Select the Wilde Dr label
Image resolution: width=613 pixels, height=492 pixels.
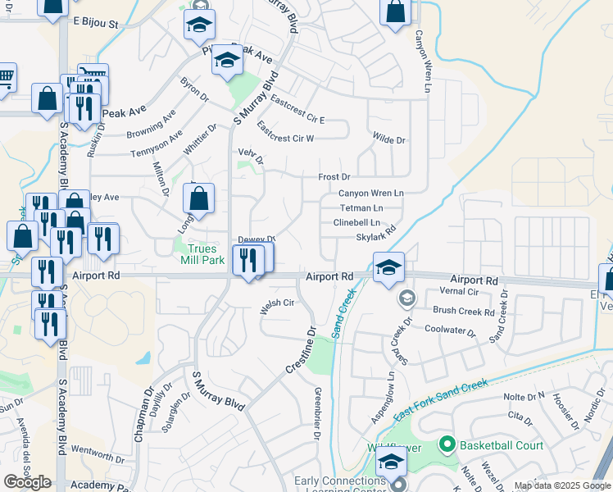[x=388, y=140]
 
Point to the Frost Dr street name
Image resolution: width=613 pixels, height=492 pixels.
[x=334, y=177]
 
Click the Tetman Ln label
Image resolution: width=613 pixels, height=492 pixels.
[x=361, y=208]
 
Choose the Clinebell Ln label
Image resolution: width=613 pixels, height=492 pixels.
[x=356, y=223]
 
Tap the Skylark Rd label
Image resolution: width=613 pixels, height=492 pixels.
[x=375, y=238]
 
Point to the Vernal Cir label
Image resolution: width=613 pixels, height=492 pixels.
[x=458, y=292]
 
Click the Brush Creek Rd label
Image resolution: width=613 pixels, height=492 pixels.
[x=464, y=312]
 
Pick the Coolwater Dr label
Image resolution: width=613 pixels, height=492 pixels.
[x=450, y=330]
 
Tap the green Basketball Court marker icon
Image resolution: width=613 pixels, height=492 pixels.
[x=447, y=445]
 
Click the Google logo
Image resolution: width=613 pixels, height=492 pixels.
[x=27, y=482]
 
